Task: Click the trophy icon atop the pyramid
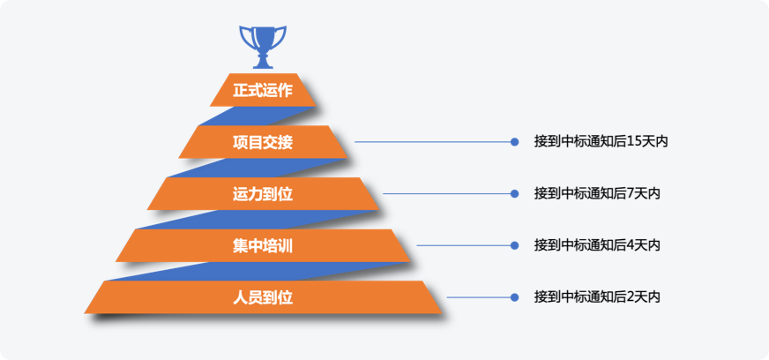pyautogui.click(x=263, y=47)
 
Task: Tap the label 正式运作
pyautogui.click(x=263, y=91)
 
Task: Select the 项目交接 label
pyautogui.click(x=263, y=142)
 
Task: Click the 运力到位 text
pyautogui.click(x=263, y=194)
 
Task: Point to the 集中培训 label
pyautogui.click(x=263, y=245)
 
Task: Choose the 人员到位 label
pyautogui.click(x=263, y=297)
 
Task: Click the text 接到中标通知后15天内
pyautogui.click(x=601, y=142)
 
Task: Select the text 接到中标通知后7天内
pyautogui.click(x=597, y=194)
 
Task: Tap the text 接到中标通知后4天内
pyautogui.click(x=597, y=245)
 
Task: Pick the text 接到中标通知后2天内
pyautogui.click(x=597, y=297)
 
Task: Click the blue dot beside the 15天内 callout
pyautogui.click(x=514, y=142)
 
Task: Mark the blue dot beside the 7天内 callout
pyautogui.click(x=514, y=194)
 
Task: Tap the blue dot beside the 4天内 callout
pyautogui.click(x=514, y=245)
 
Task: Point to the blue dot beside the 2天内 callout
pyautogui.click(x=514, y=297)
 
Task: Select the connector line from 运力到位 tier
pyautogui.click(x=447, y=194)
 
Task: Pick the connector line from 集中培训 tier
pyautogui.click(x=464, y=245)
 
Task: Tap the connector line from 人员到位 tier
pyautogui.click(x=479, y=297)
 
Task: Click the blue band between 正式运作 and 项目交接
pyautogui.click(x=258, y=116)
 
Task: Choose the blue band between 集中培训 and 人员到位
pyautogui.click(x=258, y=271)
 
